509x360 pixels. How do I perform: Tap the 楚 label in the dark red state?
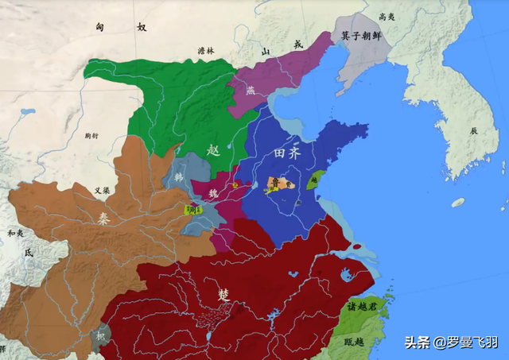223,294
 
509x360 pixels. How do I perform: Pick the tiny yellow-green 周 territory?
192,210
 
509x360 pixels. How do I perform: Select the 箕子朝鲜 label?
362,37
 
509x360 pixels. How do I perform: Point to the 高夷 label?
387,16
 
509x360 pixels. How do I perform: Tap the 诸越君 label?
366,307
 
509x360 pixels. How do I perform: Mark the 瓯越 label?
356,341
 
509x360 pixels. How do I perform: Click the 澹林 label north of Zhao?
206,52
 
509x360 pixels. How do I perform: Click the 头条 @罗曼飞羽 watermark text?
451,343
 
